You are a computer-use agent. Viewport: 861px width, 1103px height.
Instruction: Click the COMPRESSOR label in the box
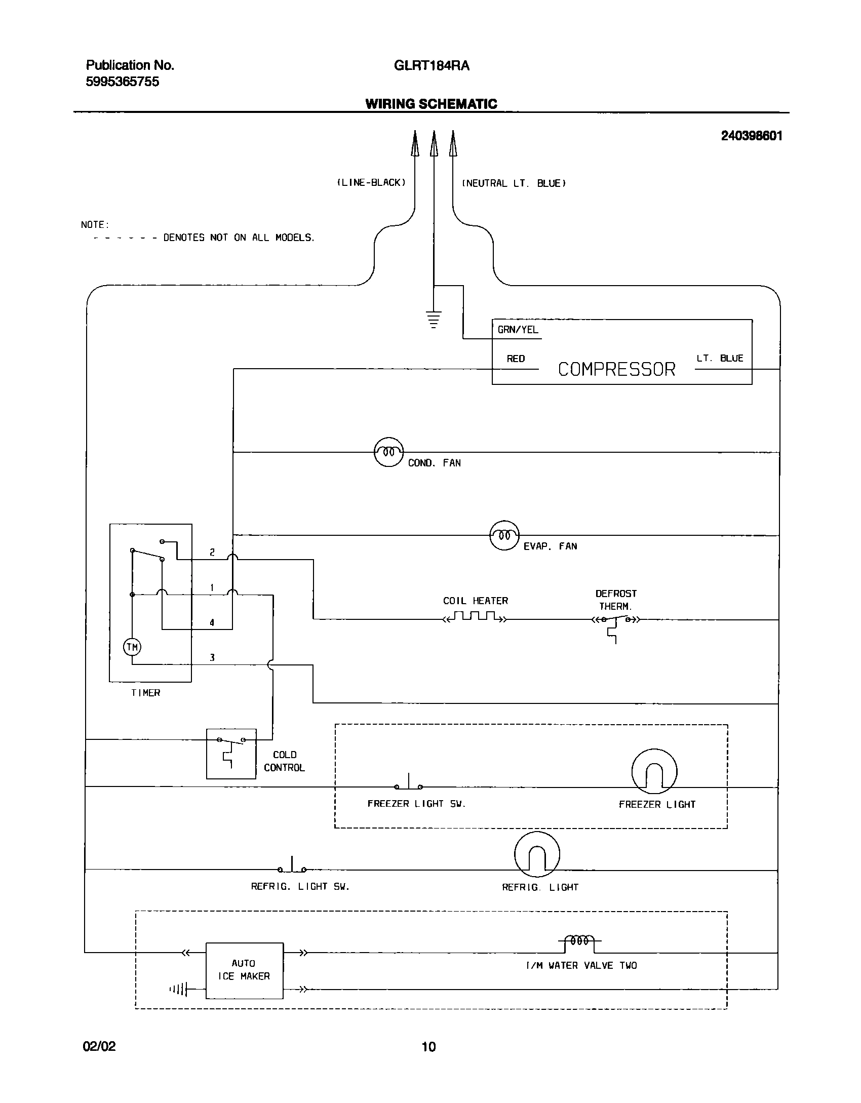tap(616, 369)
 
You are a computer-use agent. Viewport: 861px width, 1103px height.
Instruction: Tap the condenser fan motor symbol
tap(388, 452)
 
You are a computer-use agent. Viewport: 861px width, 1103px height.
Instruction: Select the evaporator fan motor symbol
tap(504, 535)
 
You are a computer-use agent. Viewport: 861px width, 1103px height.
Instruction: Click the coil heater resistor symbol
tap(475, 617)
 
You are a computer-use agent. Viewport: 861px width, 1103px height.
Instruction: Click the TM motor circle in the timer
tap(132, 647)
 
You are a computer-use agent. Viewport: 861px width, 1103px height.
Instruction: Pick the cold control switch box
tap(231, 754)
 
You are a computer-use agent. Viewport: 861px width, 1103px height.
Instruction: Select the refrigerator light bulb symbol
tap(537, 854)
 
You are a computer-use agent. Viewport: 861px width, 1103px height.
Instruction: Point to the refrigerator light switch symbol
tap(292, 866)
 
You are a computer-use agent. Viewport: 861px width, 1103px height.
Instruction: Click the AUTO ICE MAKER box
tap(244, 970)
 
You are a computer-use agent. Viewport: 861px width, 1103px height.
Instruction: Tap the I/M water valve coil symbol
tap(580, 941)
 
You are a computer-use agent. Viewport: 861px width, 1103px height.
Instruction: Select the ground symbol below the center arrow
tap(434, 319)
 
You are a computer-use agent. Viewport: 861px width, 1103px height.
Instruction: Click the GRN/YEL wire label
tap(518, 330)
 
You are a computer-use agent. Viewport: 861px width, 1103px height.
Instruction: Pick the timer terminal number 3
tap(212, 658)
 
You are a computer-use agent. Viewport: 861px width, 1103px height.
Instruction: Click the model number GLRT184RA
tap(432, 66)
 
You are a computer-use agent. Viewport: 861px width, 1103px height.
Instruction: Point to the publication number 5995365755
tap(123, 82)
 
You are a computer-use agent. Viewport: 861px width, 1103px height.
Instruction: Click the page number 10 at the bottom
tap(428, 1047)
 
